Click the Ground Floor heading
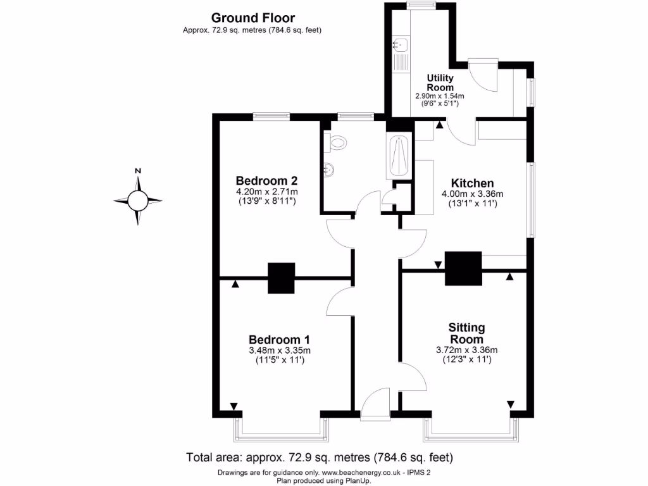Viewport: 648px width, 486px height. point(252,18)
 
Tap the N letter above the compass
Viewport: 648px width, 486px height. point(137,171)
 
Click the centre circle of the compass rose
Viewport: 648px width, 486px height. point(137,201)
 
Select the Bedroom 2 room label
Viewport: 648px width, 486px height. point(266,179)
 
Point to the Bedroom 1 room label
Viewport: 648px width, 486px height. point(279,339)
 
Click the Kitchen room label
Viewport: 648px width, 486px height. point(468,184)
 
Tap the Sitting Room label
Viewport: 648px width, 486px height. point(467,333)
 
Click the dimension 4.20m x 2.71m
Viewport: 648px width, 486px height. point(266,191)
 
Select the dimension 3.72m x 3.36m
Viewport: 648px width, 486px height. point(467,350)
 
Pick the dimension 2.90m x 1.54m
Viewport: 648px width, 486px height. point(439,96)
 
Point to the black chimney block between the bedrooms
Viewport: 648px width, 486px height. point(282,278)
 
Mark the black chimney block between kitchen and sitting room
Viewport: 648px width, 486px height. point(463,268)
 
